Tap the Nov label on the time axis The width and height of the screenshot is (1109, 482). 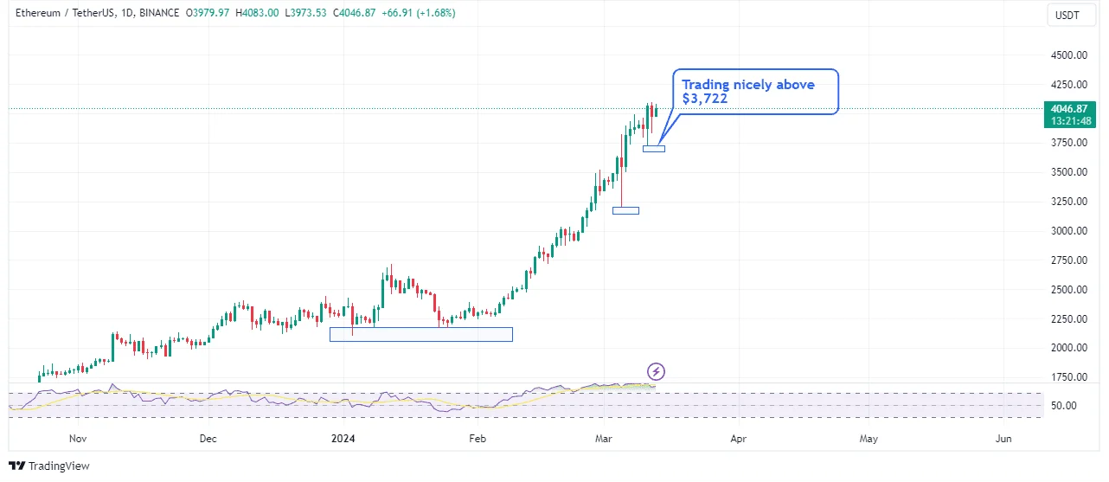[78, 439]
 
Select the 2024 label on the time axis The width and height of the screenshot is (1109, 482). [344, 439]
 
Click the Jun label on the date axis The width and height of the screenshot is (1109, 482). [1003, 439]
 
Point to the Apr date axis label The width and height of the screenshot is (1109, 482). [738, 439]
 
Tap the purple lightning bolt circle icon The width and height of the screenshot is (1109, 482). [657, 372]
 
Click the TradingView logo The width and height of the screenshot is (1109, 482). [49, 466]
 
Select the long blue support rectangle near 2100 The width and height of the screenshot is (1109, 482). [420, 334]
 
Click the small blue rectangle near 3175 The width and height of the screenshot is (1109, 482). [625, 210]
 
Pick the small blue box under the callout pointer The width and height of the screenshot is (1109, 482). [654, 149]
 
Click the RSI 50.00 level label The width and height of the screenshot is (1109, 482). [1062, 406]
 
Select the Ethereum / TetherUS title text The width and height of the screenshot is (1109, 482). [64, 13]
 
